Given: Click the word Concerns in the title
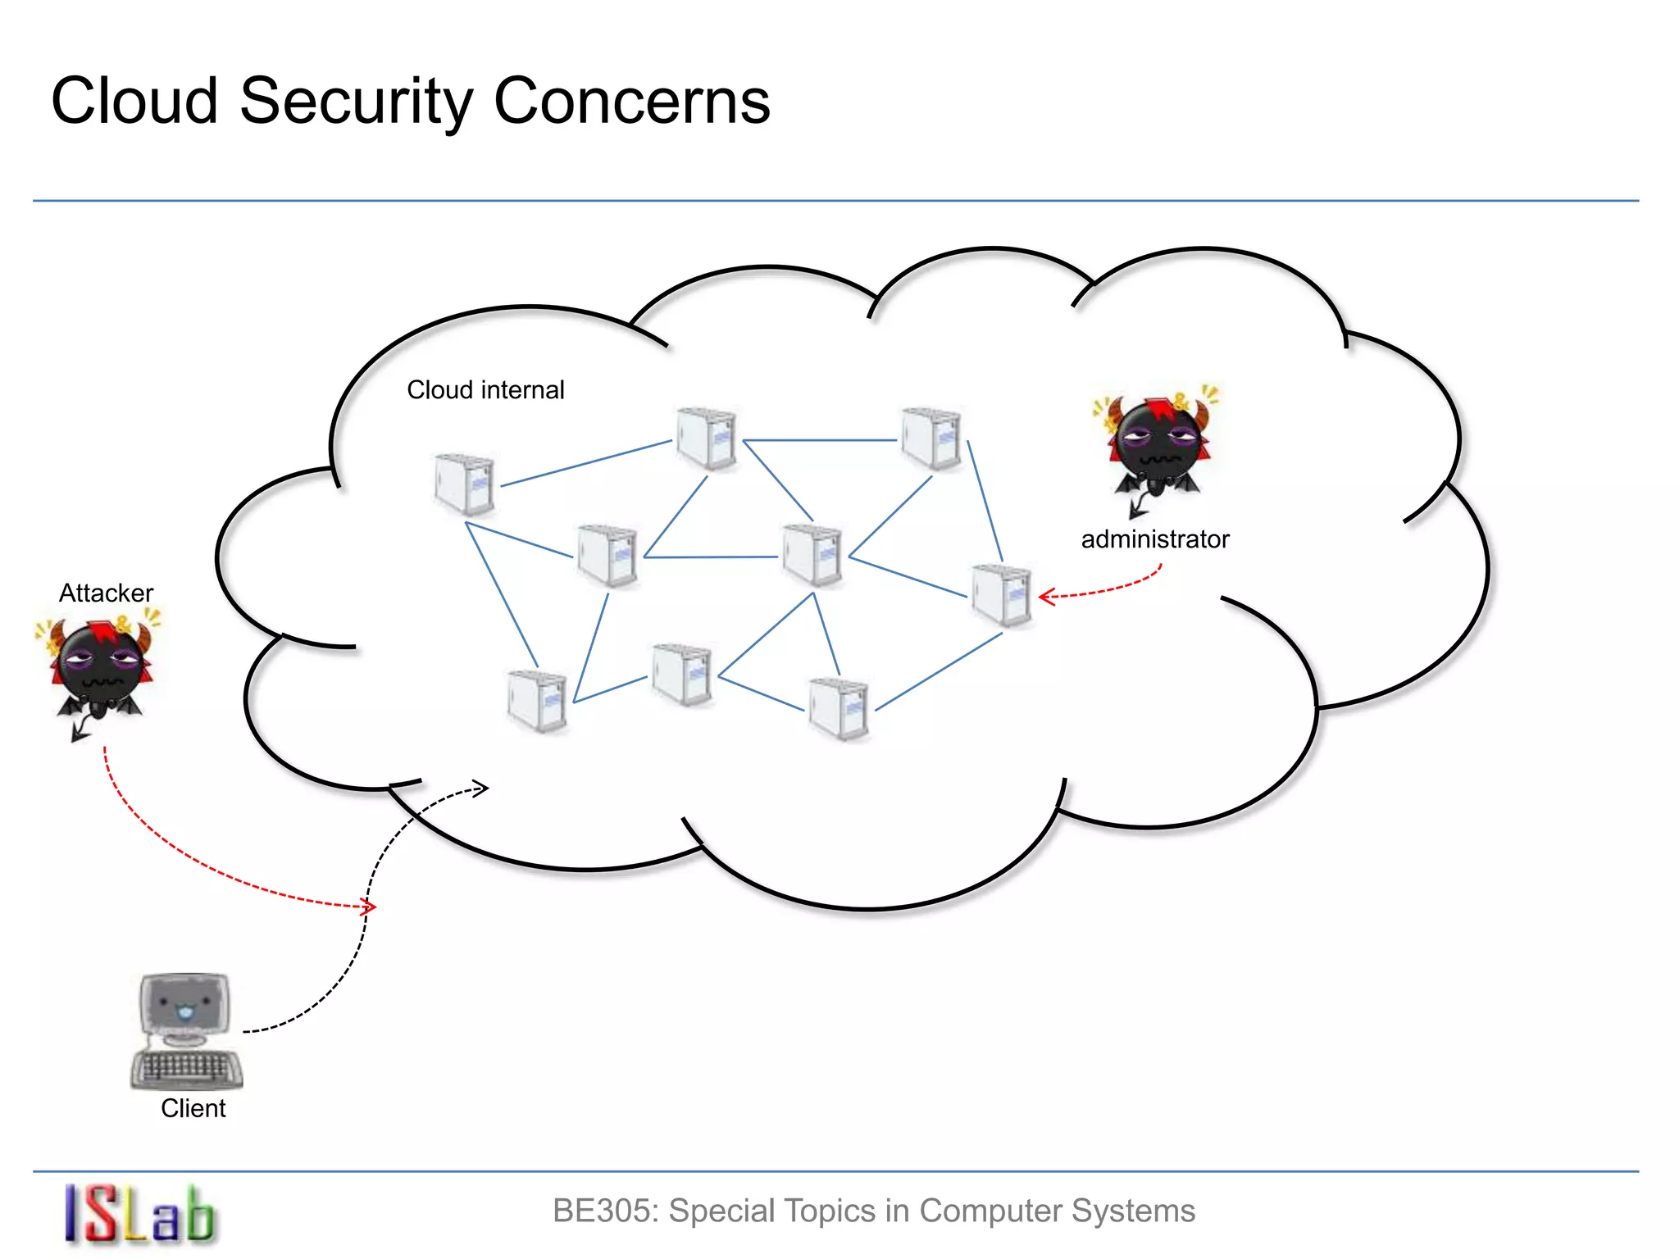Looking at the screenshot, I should click(631, 102).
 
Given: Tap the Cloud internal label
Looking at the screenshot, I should click(485, 390).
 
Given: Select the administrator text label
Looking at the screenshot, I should click(1154, 539).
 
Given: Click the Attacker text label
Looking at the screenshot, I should click(106, 593).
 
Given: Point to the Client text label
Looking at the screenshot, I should click(193, 1108).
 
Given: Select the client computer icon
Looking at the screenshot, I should click(186, 1029).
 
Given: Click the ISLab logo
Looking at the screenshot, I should click(139, 1215).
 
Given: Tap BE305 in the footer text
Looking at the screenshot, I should click(604, 1211).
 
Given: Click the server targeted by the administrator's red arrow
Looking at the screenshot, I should click(1001, 595).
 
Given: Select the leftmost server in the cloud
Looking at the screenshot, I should click(464, 484).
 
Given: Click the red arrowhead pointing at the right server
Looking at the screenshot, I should click(1045, 597).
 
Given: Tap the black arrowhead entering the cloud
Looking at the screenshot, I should click(482, 789).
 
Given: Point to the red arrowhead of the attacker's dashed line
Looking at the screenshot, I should click(370, 907).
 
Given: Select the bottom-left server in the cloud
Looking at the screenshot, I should click(537, 701).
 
